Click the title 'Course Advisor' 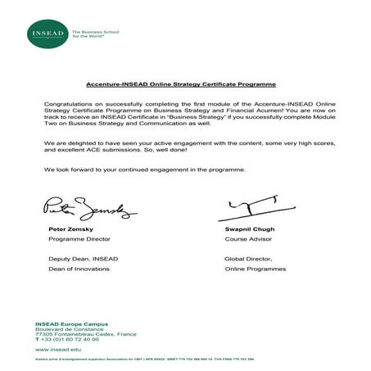247,242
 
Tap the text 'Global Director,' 247,260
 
